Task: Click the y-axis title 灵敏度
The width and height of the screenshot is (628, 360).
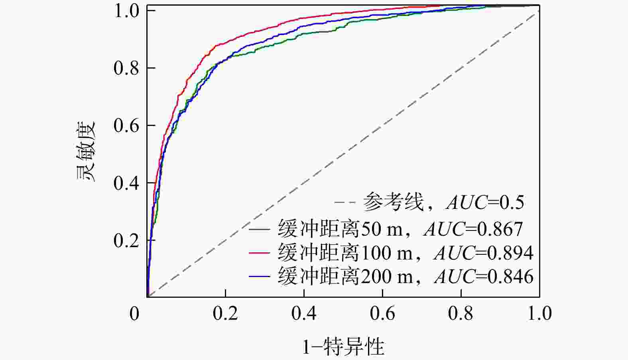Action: pyautogui.click(x=86, y=151)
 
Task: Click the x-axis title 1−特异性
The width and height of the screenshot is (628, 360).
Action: pyautogui.click(x=343, y=347)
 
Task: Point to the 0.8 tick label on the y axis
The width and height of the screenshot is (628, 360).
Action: pyautogui.click(x=126, y=68)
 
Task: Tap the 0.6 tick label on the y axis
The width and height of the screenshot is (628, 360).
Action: pyautogui.click(x=126, y=126)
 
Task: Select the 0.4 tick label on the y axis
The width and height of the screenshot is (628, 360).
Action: pyautogui.click(x=126, y=183)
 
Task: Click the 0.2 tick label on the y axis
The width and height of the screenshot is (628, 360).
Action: pyautogui.click(x=126, y=240)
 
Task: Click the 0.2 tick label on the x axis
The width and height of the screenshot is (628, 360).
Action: pyautogui.click(x=225, y=313)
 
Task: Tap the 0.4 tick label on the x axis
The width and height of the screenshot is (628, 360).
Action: pyautogui.click(x=304, y=313)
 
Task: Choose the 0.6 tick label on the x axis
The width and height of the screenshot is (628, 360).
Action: pyautogui.click(x=382, y=313)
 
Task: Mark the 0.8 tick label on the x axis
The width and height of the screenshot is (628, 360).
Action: pyautogui.click(x=461, y=313)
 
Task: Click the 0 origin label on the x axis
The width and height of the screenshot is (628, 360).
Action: pyautogui.click(x=134, y=313)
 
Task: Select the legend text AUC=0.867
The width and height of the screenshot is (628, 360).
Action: pyautogui.click(x=474, y=229)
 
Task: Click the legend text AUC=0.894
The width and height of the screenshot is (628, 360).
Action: pyautogui.click(x=484, y=253)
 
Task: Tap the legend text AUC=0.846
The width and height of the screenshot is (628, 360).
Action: pyautogui.click(x=484, y=277)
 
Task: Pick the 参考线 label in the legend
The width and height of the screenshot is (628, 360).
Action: pyautogui.click(x=393, y=202)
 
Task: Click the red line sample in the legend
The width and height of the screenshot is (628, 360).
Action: pyautogui.click(x=260, y=253)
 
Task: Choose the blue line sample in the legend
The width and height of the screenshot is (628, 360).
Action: pyautogui.click(x=260, y=277)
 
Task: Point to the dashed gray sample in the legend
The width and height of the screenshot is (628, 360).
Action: pyautogui.click(x=345, y=202)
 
